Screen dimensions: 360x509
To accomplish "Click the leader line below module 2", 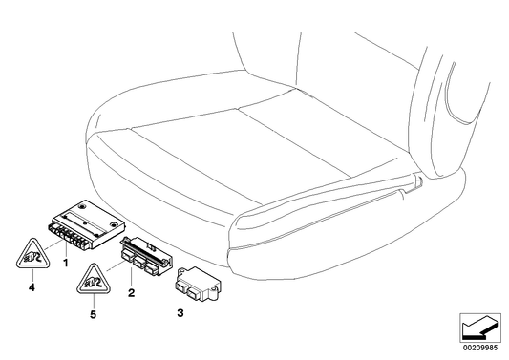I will click(133, 278).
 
